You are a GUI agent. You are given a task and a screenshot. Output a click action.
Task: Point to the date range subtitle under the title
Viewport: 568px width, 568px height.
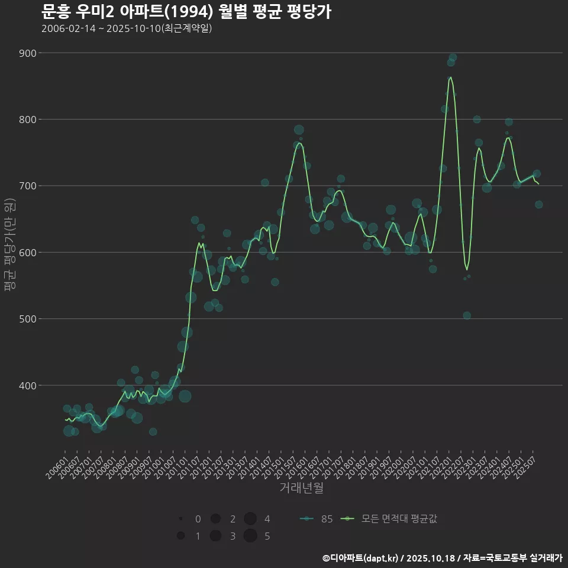point(127,29)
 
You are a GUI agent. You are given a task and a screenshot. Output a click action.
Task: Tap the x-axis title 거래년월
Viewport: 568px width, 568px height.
point(302,489)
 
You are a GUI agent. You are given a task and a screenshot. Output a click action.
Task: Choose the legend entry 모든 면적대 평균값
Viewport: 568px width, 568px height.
point(390,519)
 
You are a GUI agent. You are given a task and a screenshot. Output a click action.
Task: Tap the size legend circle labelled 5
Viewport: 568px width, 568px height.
point(250,536)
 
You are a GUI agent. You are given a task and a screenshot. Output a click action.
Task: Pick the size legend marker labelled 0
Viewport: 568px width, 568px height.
point(180,519)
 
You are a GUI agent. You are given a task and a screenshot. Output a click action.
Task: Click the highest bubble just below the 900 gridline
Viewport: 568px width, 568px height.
point(453,57)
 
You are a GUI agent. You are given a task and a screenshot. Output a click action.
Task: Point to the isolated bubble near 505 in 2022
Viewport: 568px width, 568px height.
point(467,315)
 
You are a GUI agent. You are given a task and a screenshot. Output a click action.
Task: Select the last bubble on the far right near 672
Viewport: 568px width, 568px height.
point(538,205)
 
